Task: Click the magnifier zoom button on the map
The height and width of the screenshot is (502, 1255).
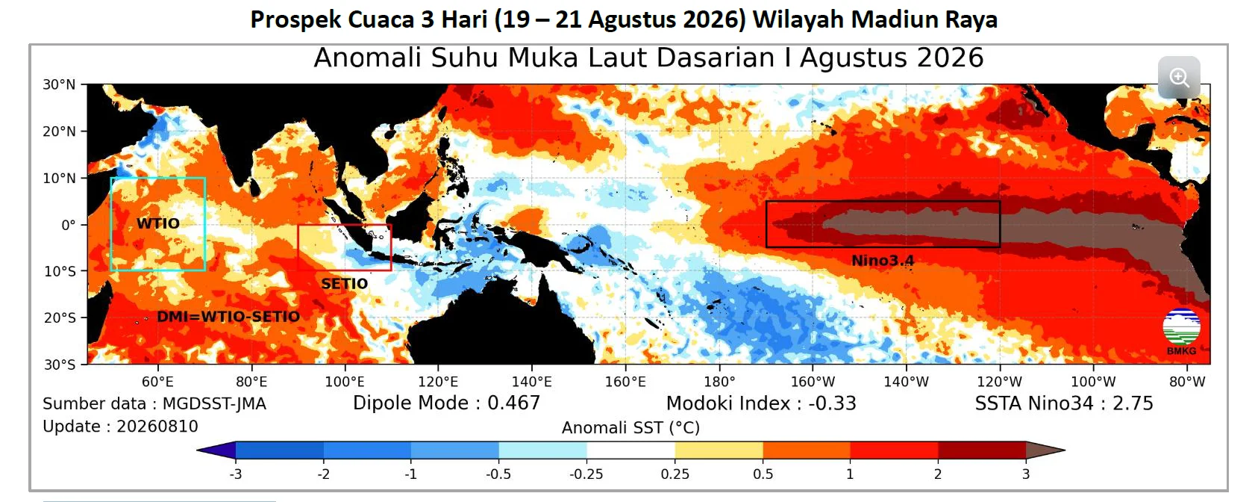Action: coord(1179,78)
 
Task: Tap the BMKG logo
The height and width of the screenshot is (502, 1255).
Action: coord(1182,332)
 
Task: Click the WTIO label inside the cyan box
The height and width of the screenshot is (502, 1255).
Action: coord(158,223)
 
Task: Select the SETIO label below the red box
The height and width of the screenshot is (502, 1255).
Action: coord(344,284)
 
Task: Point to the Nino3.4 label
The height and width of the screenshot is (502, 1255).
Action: coord(883,261)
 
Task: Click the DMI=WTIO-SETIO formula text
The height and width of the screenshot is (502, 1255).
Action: coord(228,317)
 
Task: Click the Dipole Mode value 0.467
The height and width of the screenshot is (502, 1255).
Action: coord(514,403)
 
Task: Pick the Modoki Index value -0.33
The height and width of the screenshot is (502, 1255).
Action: coord(832,403)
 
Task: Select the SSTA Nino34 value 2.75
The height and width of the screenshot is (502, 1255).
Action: coord(1133,403)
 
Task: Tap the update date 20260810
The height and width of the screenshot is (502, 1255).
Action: coord(157,427)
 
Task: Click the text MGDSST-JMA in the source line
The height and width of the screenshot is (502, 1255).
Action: coord(214,404)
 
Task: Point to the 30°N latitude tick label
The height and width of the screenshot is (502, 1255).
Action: coord(59,84)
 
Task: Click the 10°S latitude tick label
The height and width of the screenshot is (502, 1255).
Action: coord(60,271)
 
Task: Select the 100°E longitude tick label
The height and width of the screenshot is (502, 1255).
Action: coord(345,382)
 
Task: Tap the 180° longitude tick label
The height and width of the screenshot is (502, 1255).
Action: coord(719,382)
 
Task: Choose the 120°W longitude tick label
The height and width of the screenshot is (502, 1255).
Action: coord(1000,382)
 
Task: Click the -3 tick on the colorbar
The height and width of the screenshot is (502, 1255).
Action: coord(235,474)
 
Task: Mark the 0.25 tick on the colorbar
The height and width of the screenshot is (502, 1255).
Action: coord(675,474)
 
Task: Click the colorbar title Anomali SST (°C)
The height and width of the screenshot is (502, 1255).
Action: coord(631,428)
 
